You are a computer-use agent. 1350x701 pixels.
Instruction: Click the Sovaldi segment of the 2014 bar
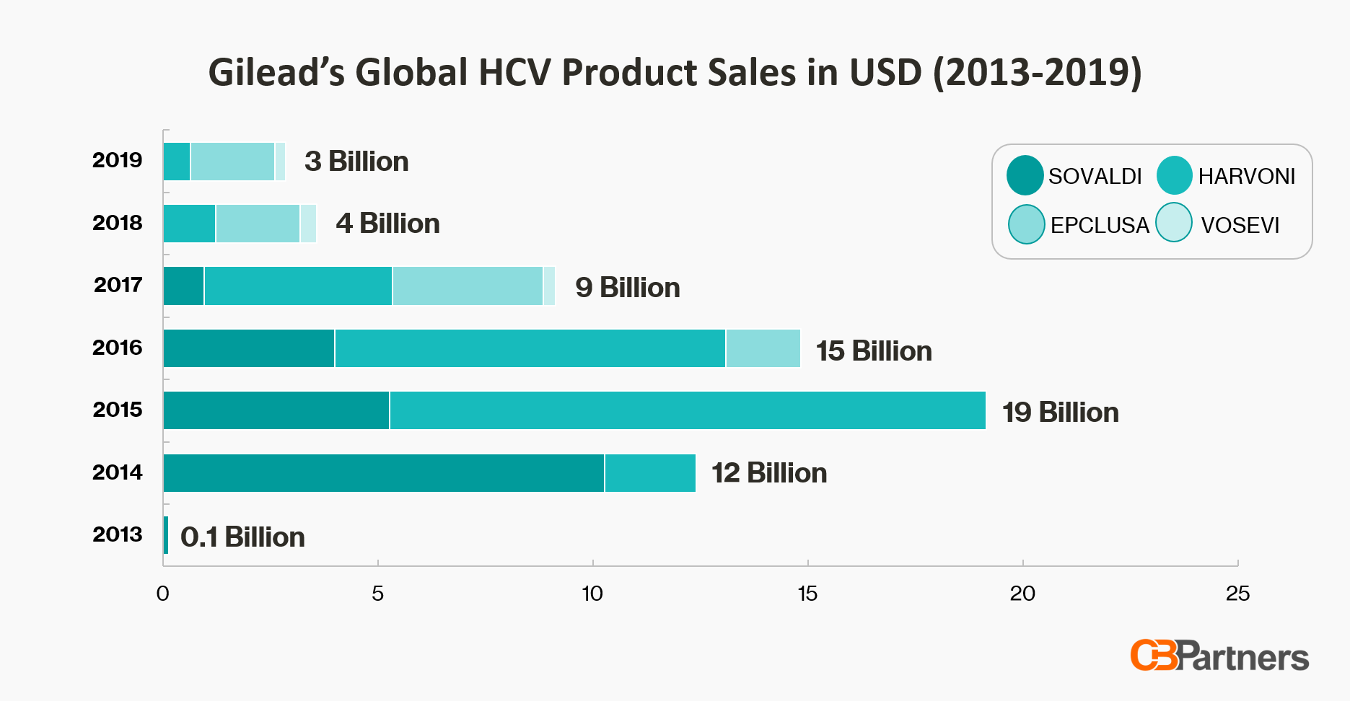pyautogui.click(x=383, y=473)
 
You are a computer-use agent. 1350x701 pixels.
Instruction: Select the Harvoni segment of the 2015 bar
pyautogui.click(x=687, y=410)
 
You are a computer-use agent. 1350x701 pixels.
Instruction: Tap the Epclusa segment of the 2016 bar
pyautogui.click(x=763, y=348)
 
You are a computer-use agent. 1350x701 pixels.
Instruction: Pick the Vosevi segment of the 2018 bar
pyautogui.click(x=308, y=224)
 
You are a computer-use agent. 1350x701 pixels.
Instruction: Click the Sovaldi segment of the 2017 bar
pyautogui.click(x=183, y=286)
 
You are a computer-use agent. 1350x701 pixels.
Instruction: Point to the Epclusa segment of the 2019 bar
pyautogui.click(x=232, y=162)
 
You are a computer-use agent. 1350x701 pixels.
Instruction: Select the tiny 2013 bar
pyautogui.click(x=166, y=535)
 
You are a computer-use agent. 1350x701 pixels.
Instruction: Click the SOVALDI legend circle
pyautogui.click(x=1025, y=175)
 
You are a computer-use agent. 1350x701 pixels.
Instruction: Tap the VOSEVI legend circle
pyautogui.click(x=1174, y=223)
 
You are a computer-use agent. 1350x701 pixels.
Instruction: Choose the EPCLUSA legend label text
pyautogui.click(x=1100, y=225)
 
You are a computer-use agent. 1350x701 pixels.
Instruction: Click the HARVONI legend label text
pyautogui.click(x=1246, y=176)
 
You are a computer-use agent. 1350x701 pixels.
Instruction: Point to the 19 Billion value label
pyautogui.click(x=1060, y=413)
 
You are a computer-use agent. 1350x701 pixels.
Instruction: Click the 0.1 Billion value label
pyautogui.click(x=242, y=537)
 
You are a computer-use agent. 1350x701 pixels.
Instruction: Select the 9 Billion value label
pyautogui.click(x=627, y=288)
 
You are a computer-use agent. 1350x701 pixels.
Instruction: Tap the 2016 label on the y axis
pyautogui.click(x=118, y=348)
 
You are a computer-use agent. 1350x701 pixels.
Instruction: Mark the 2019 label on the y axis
pyautogui.click(x=118, y=160)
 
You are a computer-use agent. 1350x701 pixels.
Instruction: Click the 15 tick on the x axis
pyautogui.click(x=807, y=594)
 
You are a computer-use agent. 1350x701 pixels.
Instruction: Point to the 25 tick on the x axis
pyautogui.click(x=1237, y=594)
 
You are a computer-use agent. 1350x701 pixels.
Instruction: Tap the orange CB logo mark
pyautogui.click(x=1153, y=655)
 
